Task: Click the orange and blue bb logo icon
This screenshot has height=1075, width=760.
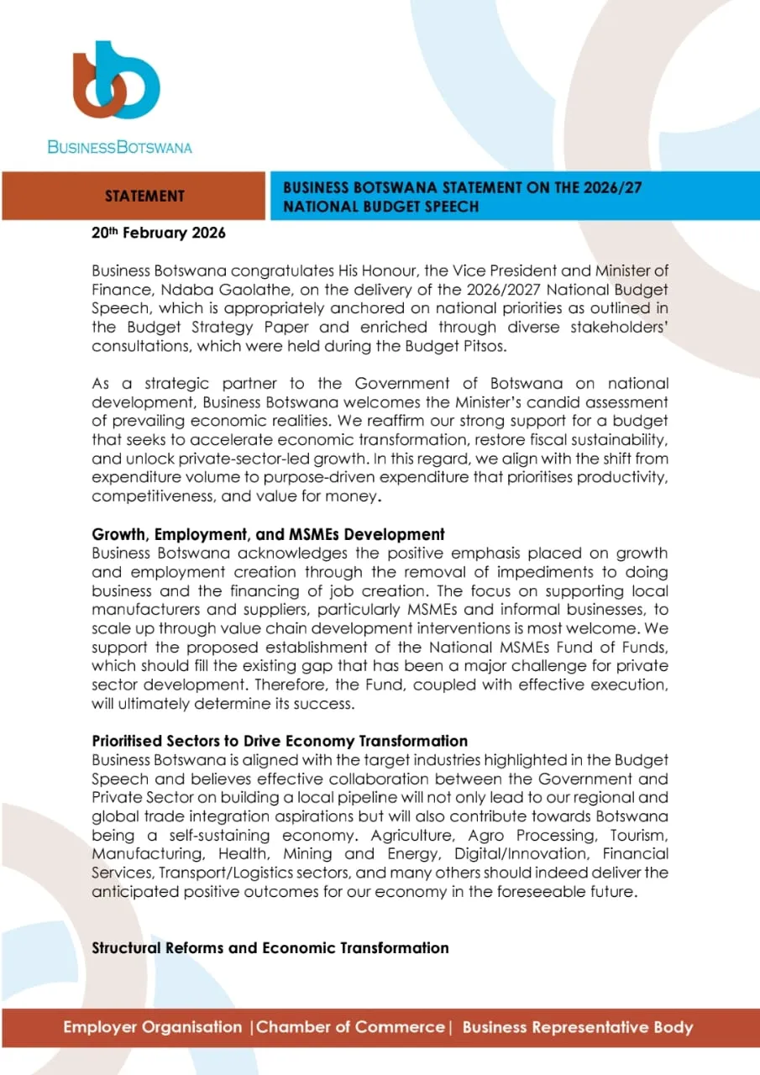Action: pyautogui.click(x=116, y=82)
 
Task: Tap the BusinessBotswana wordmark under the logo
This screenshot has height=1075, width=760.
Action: pyautogui.click(x=119, y=148)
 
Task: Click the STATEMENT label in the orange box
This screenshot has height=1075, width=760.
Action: pyautogui.click(x=144, y=197)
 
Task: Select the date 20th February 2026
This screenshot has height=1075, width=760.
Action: pyautogui.click(x=158, y=233)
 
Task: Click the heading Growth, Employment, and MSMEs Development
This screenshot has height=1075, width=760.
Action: pyautogui.click(x=268, y=534)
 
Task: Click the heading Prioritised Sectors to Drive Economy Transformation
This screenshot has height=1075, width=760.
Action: pyautogui.click(x=280, y=741)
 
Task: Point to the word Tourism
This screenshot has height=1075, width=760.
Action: pyautogui.click(x=633, y=836)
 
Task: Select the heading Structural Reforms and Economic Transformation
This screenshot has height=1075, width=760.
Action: pyautogui.click(x=270, y=947)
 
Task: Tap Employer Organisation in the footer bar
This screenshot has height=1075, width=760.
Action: pyautogui.click(x=152, y=1027)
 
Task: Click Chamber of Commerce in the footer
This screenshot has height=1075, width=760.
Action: pyautogui.click(x=350, y=1027)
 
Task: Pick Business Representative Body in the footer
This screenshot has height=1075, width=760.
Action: pyautogui.click(x=577, y=1027)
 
